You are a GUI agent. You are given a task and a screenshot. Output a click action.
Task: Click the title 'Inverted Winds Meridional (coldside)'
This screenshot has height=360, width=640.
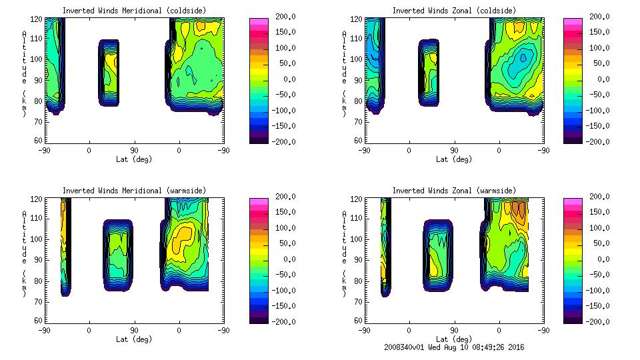[134, 10]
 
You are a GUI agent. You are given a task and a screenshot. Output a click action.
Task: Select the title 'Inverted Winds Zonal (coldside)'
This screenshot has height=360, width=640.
[454, 10]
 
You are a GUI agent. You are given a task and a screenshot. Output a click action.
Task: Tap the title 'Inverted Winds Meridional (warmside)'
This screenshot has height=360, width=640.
[134, 191]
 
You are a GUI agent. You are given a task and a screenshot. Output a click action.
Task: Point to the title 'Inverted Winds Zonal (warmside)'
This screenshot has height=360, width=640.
[454, 191]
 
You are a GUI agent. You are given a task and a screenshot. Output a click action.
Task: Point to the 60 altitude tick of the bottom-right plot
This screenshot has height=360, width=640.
[357, 321]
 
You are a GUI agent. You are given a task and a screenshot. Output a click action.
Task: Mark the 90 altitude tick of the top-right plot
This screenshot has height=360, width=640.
[357, 79]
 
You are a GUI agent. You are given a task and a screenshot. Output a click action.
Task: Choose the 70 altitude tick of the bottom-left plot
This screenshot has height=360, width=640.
[39, 301]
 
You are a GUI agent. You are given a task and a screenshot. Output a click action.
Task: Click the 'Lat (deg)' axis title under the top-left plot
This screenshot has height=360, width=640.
[134, 159]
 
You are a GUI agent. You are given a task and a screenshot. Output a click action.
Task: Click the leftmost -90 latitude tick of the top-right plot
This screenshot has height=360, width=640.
[364, 150]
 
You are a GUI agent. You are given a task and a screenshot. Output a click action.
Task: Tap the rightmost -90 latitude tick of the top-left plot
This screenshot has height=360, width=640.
[224, 150]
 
